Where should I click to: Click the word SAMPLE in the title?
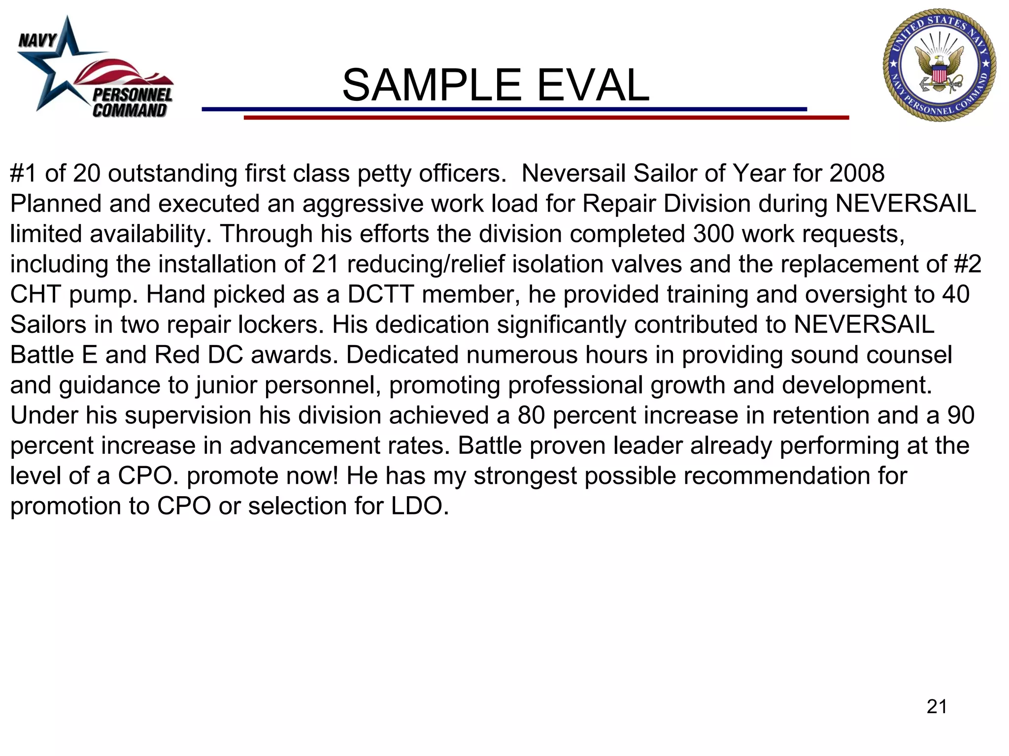432,85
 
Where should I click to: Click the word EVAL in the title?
593,85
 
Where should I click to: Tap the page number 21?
937,706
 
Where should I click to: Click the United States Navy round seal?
940,65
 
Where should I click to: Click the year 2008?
857,173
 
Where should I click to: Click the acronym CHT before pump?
36,294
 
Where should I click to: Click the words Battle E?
54,355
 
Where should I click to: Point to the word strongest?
525,476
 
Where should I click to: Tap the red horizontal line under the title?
546,118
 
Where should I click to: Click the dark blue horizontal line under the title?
504,109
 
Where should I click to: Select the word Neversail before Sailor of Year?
573,173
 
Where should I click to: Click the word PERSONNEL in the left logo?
133,95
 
